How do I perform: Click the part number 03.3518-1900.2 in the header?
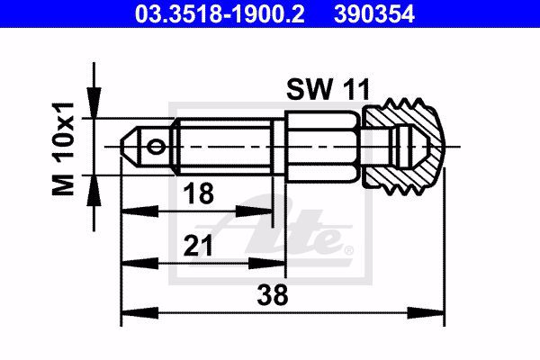(220, 14)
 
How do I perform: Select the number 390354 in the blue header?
(374, 14)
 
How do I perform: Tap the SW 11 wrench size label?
(328, 89)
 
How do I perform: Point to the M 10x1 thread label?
(63, 148)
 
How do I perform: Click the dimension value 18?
(198, 193)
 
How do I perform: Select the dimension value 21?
(198, 246)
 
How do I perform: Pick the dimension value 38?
(273, 295)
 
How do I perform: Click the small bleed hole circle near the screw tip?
(156, 147)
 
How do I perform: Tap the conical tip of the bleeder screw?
(130, 147)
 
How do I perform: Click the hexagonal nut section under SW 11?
(323, 147)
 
